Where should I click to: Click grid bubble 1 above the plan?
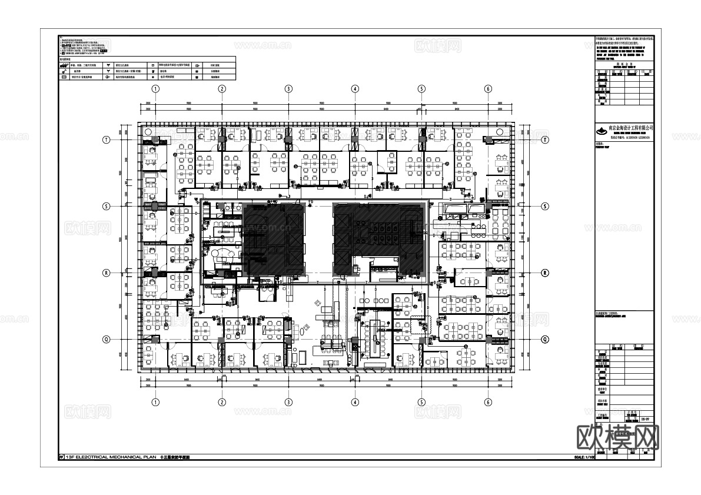[x=155, y=88]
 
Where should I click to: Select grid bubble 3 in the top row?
[x=288, y=88]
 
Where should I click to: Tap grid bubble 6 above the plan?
[x=488, y=88]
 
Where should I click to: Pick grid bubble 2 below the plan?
[x=222, y=403]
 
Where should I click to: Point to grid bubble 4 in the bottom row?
[x=355, y=403]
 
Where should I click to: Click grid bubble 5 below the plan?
[x=421, y=403]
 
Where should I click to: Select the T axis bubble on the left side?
[x=107, y=139]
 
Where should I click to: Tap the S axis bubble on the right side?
[x=545, y=206]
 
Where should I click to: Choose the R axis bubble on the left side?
[x=107, y=273]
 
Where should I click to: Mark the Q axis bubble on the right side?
[x=545, y=339]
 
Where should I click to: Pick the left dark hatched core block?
[x=274, y=240]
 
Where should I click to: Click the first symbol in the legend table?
[x=64, y=67]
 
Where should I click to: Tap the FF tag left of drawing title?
[x=61, y=457]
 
